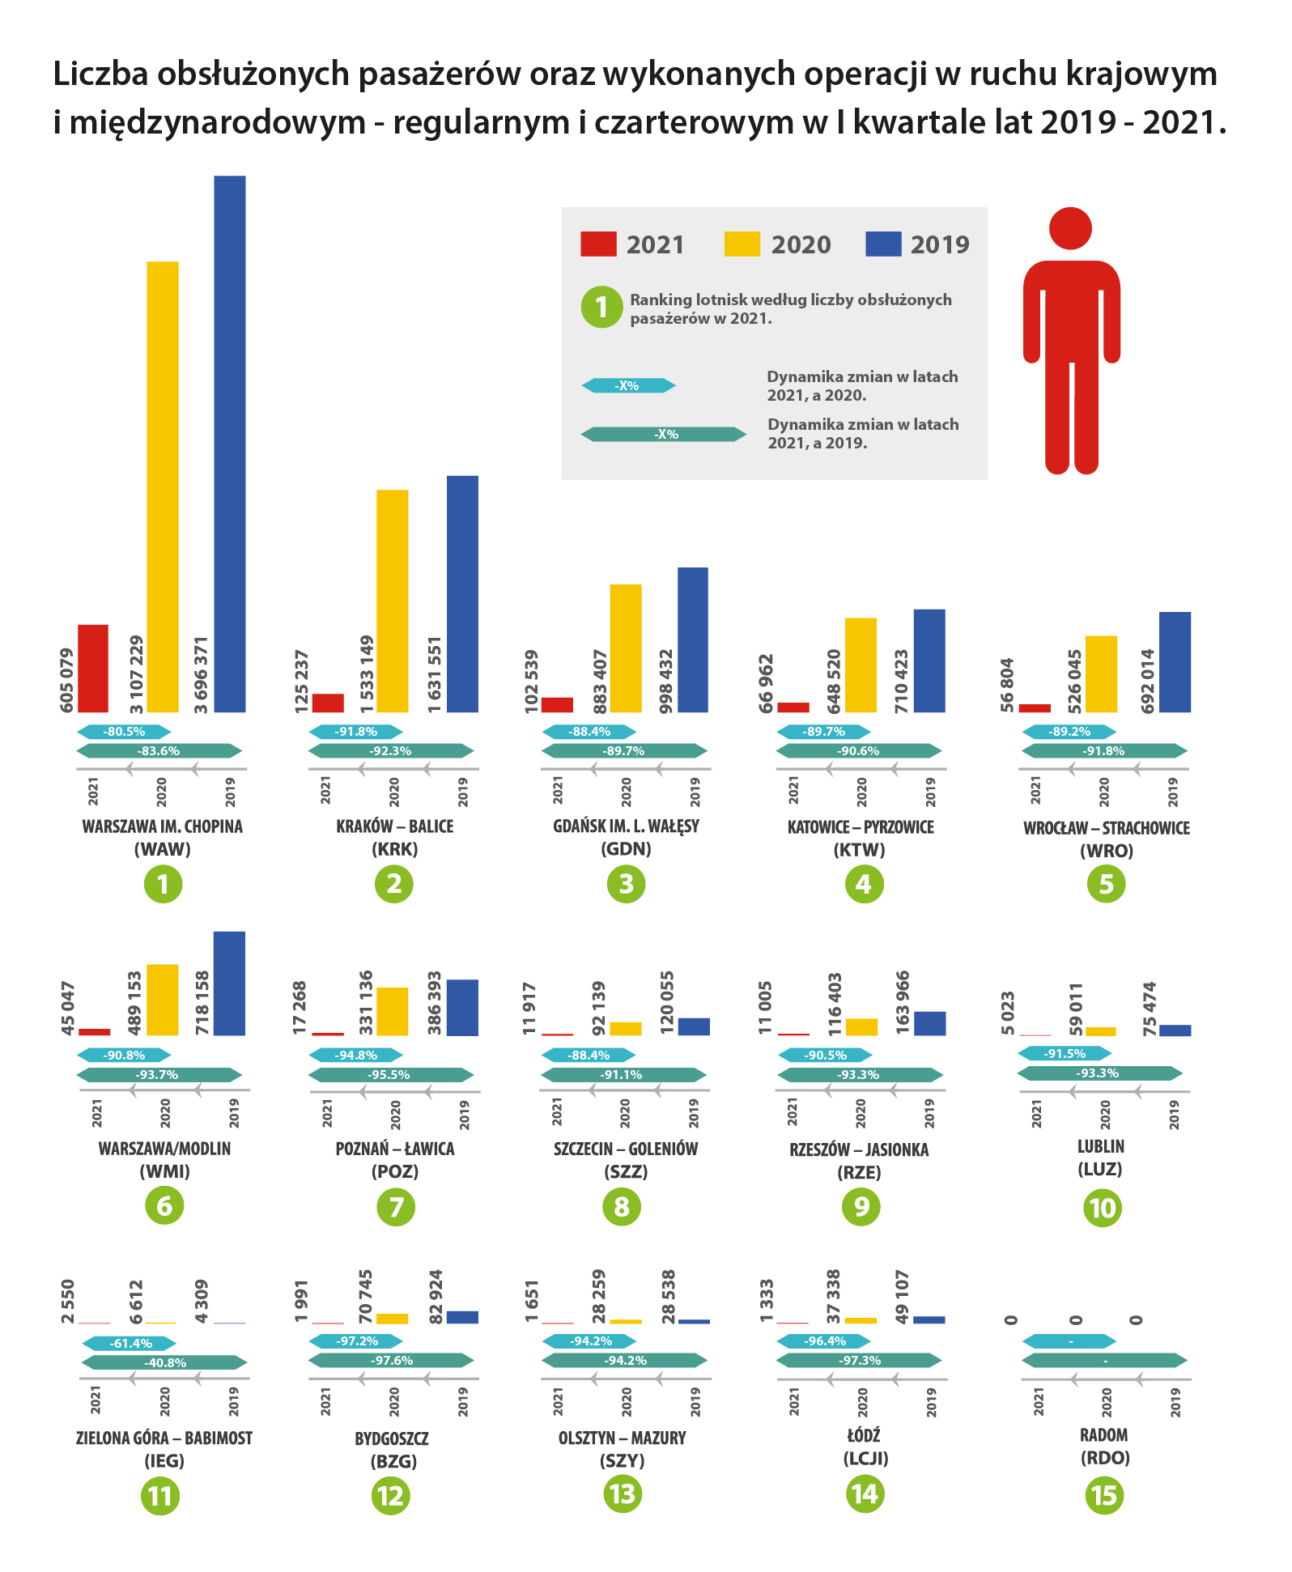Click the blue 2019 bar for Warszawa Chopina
(x=229, y=444)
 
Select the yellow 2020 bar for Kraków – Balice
(x=393, y=601)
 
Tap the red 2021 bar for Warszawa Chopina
(x=93, y=668)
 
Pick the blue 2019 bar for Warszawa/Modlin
(x=229, y=983)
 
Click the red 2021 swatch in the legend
(x=598, y=244)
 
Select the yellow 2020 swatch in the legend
(x=742, y=244)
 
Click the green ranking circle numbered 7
(x=396, y=1207)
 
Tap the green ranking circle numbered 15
(x=1104, y=1494)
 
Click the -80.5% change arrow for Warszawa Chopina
(x=124, y=732)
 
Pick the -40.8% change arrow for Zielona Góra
(x=165, y=1362)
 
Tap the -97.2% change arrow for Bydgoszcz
(x=356, y=1341)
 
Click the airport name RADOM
(x=1104, y=1435)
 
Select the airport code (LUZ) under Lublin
(x=1100, y=1169)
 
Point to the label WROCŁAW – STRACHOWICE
(x=1106, y=828)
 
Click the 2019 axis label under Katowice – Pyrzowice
(x=930, y=791)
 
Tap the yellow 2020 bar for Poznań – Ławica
(x=393, y=1011)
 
